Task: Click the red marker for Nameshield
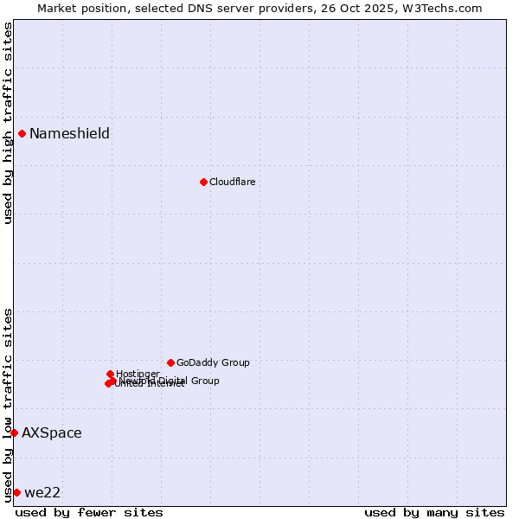(22, 133)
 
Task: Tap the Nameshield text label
(69, 133)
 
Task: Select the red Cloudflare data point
(203, 182)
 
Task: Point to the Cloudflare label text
(232, 182)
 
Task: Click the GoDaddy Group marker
(170, 362)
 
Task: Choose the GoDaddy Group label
(213, 362)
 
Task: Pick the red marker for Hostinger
(110, 374)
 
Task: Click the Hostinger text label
(138, 374)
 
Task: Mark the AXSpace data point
(14, 432)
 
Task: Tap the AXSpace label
(52, 432)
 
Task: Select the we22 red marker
(16, 492)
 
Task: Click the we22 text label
(42, 492)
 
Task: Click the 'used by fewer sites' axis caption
(89, 512)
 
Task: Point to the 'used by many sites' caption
(434, 512)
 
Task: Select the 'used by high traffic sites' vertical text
(8, 123)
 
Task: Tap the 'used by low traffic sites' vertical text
(8, 405)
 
